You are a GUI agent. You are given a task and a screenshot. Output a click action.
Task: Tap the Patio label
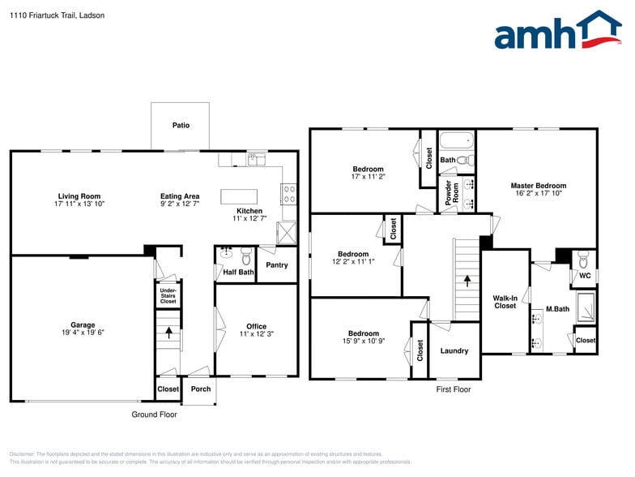(180, 126)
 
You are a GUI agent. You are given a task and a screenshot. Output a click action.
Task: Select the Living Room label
(79, 196)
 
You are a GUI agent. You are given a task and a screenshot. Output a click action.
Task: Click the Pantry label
(276, 265)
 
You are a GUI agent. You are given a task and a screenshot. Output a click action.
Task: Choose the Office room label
(256, 326)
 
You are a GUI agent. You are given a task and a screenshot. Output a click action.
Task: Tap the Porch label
(201, 389)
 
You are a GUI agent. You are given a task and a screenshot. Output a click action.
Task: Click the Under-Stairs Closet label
(168, 295)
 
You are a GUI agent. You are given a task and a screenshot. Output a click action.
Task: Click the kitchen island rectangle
(239, 196)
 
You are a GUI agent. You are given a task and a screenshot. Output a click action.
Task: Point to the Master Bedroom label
(538, 186)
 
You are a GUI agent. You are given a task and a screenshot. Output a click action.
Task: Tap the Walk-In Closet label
(505, 302)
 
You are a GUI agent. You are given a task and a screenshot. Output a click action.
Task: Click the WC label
(584, 276)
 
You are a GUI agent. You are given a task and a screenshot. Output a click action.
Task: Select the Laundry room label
(454, 351)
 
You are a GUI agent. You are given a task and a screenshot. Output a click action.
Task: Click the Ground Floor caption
(154, 415)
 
